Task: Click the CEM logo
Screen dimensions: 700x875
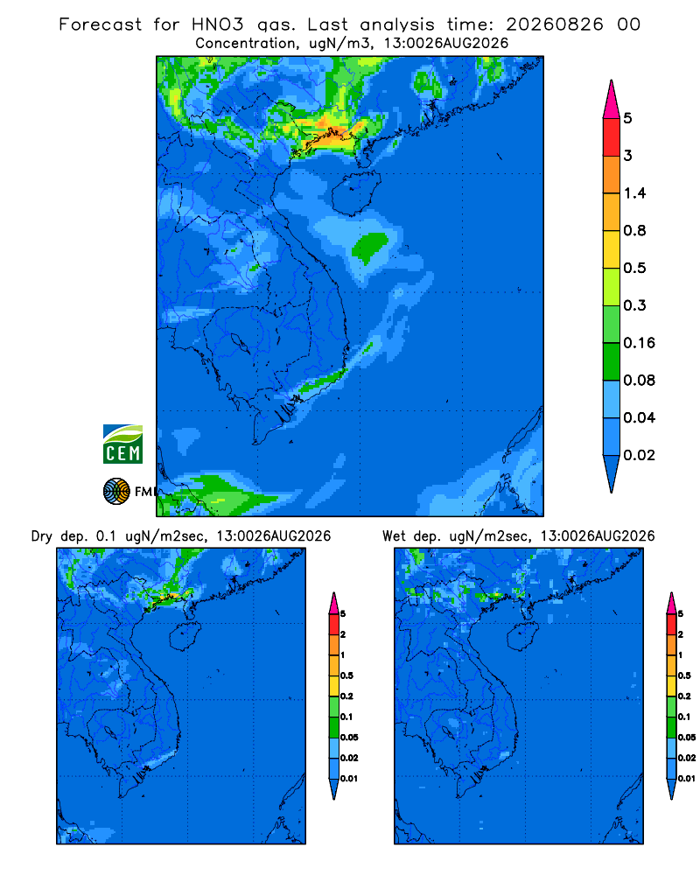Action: [x=122, y=444]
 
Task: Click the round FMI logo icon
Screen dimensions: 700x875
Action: [x=116, y=491]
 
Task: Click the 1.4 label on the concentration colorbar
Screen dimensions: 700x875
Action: [x=634, y=193]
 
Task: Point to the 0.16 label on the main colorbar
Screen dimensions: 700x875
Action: [x=639, y=343]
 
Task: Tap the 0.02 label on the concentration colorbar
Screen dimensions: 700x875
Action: [x=639, y=455]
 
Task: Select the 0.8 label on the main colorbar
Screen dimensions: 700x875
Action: [x=634, y=230]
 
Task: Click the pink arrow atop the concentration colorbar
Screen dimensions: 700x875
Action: [x=612, y=100]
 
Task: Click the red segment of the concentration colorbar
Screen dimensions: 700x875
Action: [x=612, y=137]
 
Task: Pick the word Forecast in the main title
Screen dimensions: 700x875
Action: [x=101, y=24]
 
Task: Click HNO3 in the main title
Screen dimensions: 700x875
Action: [x=218, y=24]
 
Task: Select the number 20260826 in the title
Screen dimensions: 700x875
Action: [x=555, y=24]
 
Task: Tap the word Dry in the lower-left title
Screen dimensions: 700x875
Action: [x=41, y=536]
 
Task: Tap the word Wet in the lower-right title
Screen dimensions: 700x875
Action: [x=394, y=536]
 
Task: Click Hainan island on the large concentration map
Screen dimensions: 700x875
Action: [x=355, y=193]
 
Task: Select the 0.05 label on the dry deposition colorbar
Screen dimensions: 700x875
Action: [x=349, y=737]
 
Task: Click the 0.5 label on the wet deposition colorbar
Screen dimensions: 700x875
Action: [x=684, y=675]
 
